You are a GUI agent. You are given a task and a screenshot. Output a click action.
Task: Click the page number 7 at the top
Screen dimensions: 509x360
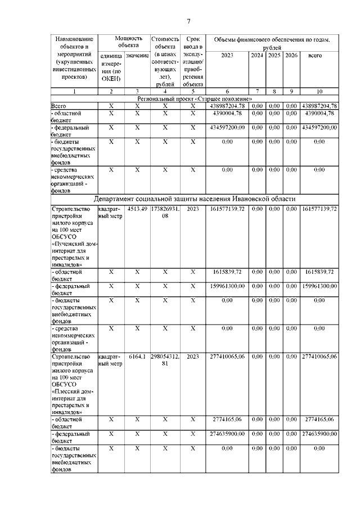189,21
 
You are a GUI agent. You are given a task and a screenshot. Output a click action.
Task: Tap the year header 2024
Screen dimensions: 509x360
256,55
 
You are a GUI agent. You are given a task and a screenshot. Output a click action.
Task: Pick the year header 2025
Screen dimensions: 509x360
274,55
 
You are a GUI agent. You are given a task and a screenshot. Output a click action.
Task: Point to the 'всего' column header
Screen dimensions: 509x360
319,55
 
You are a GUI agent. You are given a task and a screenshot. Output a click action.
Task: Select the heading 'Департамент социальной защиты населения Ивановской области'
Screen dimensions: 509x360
195,199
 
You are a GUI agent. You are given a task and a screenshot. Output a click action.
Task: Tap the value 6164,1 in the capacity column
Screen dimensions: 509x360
137,357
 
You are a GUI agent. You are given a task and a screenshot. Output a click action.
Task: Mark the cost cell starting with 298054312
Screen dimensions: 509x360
165,360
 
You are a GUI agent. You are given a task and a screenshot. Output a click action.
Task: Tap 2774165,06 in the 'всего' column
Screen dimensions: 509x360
319,420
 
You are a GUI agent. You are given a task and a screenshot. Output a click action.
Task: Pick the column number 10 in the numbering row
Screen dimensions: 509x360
319,91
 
